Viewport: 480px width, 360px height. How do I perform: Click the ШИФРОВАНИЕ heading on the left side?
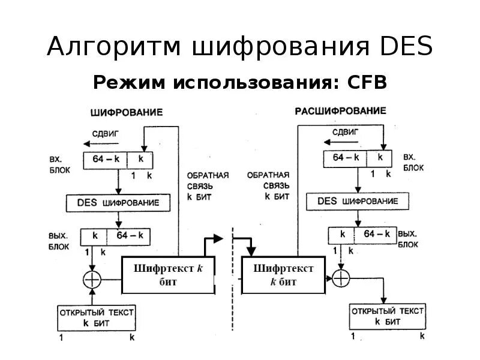coord(126,112)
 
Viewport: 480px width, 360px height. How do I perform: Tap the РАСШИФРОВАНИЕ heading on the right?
coord(340,111)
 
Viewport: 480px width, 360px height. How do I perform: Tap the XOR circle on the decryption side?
coord(340,277)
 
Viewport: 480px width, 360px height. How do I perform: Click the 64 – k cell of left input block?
coord(106,160)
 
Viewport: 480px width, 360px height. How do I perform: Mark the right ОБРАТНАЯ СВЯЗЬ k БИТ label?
coord(268,185)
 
